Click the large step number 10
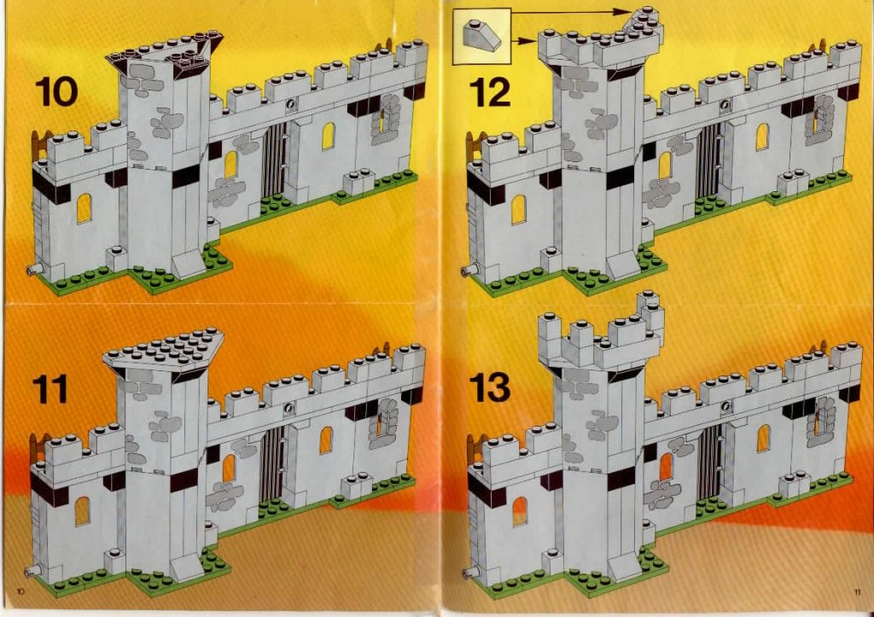point(56,92)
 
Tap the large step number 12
point(489,92)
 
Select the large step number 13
point(489,387)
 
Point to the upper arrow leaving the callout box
point(574,12)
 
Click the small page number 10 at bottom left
point(21,591)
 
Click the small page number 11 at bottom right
point(857,592)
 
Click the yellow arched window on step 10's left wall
point(84,208)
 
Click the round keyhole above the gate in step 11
point(288,409)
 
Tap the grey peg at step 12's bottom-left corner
point(469,271)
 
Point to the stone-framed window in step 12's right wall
point(819,119)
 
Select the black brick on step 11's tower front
point(184,480)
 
